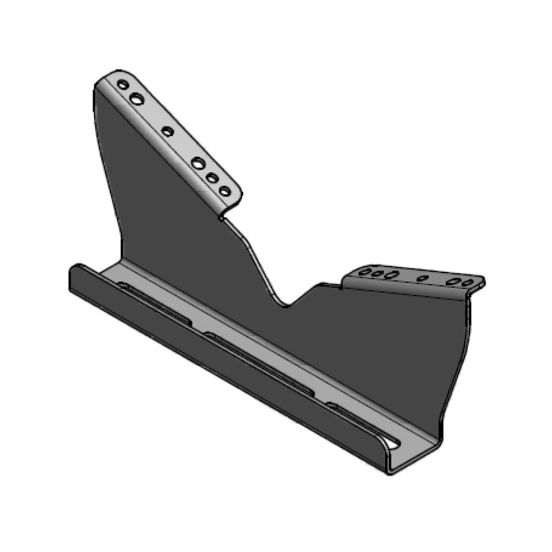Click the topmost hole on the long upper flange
coord(123,85)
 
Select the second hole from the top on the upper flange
coord(136,99)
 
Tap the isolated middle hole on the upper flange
coord(168,131)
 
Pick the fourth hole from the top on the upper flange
coord(198,163)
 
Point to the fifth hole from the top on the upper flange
coord(212,178)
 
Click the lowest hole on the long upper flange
coord(225,191)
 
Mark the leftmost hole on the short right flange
coord(365,272)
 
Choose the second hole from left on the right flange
coord(378,273)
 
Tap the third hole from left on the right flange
coord(392,274)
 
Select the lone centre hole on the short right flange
coord(422,278)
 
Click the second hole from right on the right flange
coord(454,282)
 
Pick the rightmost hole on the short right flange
coord(468,283)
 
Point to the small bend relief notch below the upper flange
coord(221,219)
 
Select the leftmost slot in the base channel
coord(155,303)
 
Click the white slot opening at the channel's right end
coord(392,442)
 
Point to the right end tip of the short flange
coord(483,282)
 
